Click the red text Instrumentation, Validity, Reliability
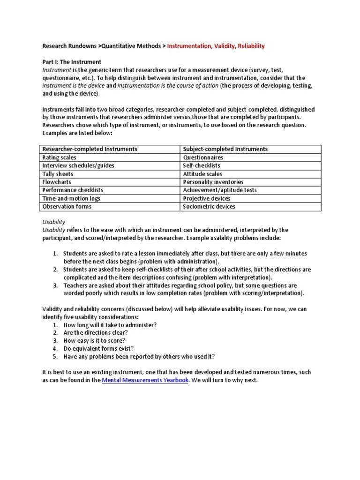(x=216, y=46)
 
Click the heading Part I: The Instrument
(x=72, y=62)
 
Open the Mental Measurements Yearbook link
(x=145, y=380)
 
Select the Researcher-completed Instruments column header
(x=90, y=149)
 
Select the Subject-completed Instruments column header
(x=225, y=149)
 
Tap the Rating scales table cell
(x=58, y=157)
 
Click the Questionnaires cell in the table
(x=203, y=157)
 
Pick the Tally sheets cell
(x=58, y=174)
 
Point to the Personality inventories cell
(x=213, y=182)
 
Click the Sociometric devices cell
(x=209, y=206)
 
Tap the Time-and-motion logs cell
(x=71, y=198)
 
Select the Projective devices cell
(x=207, y=198)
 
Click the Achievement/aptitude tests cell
(x=219, y=190)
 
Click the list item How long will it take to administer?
(x=110, y=325)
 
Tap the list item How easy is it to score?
(x=94, y=340)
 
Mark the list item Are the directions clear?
(x=96, y=332)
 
